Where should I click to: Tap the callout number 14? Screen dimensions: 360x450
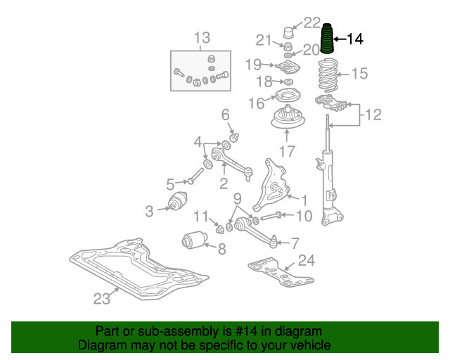point(355,39)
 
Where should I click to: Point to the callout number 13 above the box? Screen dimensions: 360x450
point(202,37)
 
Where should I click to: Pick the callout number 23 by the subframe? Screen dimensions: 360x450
point(103,299)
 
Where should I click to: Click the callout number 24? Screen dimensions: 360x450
point(306,262)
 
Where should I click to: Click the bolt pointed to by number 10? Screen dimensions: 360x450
point(276,215)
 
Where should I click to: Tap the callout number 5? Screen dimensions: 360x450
point(170,185)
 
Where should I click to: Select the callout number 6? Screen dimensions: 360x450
point(226,115)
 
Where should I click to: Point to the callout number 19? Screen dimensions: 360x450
point(253,65)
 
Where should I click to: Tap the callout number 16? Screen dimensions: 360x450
point(256,103)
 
